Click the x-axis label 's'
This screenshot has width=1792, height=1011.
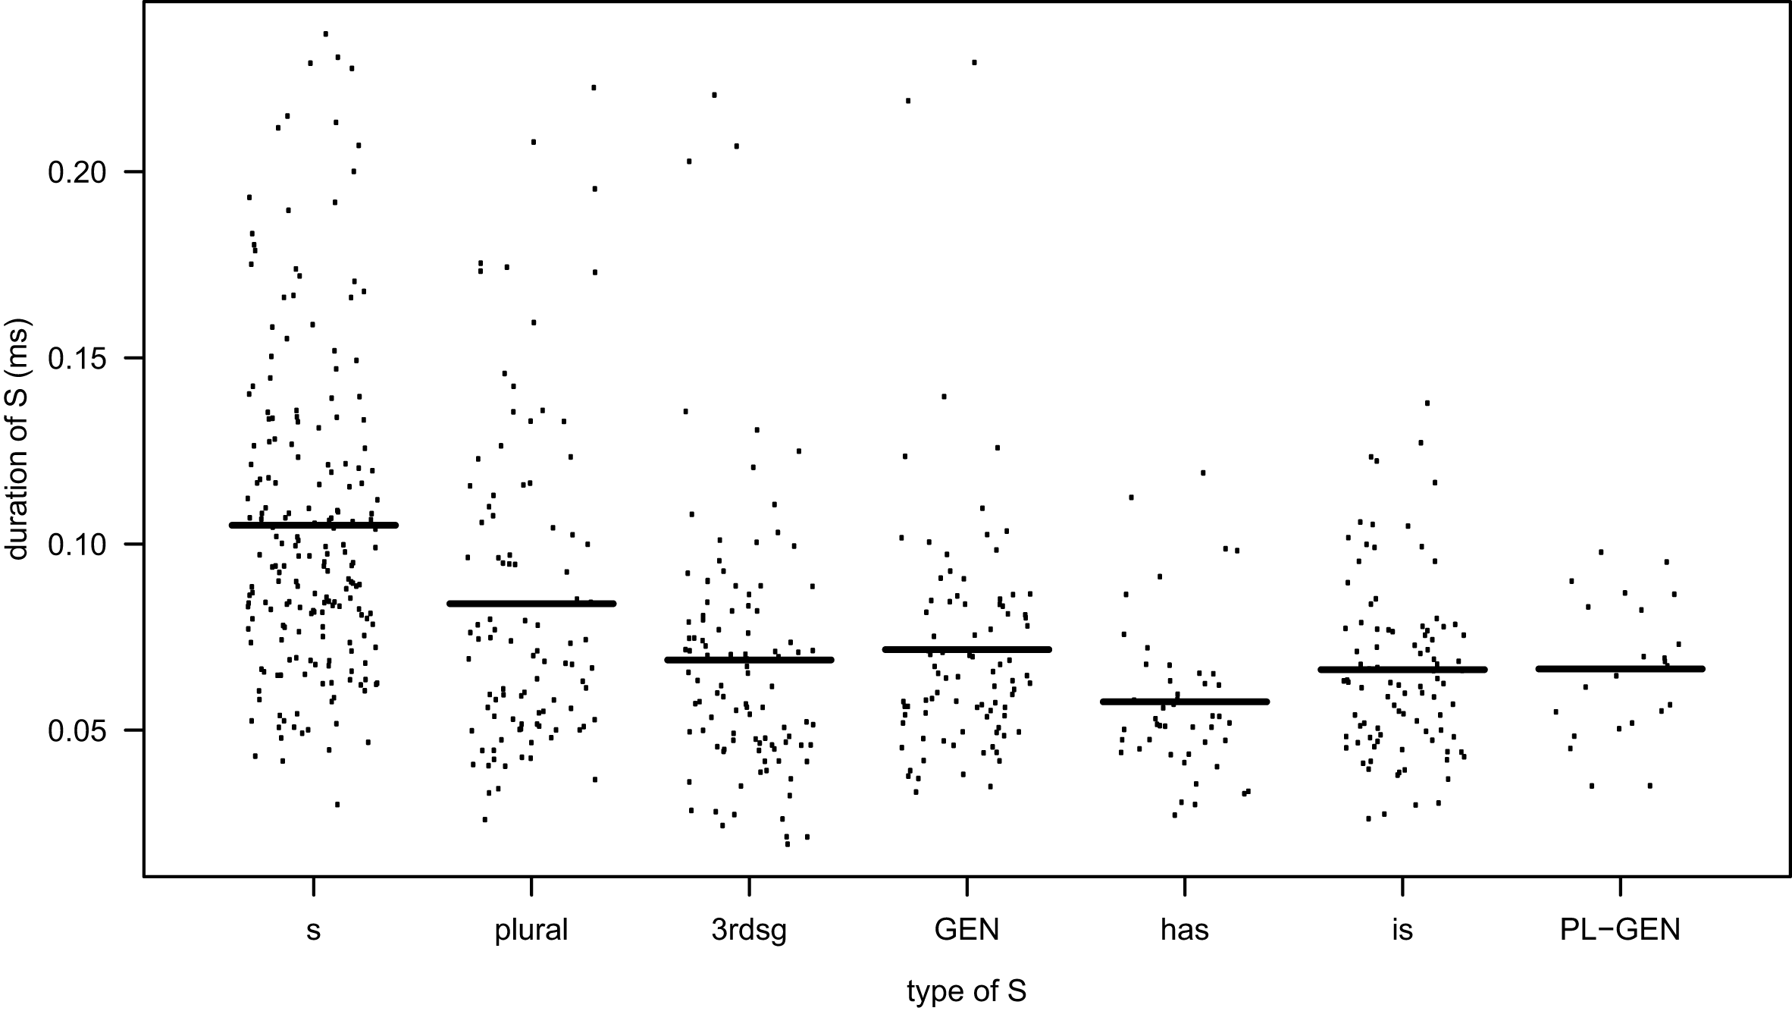click(x=313, y=931)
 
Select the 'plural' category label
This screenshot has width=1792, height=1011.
click(x=531, y=929)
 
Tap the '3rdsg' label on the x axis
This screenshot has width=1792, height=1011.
click(x=749, y=930)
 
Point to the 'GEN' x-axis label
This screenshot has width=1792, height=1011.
click(x=966, y=929)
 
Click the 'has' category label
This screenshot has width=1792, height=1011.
click(x=1184, y=929)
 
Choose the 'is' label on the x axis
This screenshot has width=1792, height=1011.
click(x=1402, y=929)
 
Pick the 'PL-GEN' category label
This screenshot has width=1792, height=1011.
click(x=1620, y=929)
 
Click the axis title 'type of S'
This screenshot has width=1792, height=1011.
click(x=966, y=991)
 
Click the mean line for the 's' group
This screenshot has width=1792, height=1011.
click(x=313, y=525)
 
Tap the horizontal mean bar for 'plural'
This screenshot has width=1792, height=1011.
click(x=531, y=604)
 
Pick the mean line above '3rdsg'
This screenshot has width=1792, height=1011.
click(x=749, y=660)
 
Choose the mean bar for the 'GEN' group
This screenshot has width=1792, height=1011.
click(x=966, y=649)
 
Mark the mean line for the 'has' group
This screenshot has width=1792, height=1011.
click(x=1184, y=702)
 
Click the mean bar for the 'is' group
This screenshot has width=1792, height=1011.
click(x=1402, y=670)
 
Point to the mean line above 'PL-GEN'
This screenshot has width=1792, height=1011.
click(x=1620, y=669)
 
